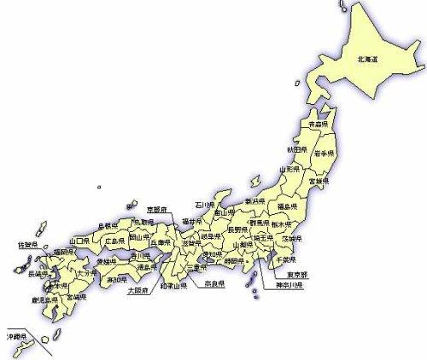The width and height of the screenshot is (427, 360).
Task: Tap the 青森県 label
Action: [319, 125]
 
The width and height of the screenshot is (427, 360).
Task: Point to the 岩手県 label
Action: [324, 153]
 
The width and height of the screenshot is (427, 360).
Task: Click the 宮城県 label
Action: [317, 182]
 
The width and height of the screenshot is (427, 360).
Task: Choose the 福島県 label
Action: [285, 207]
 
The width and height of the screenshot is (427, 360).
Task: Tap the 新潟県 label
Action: [255, 201]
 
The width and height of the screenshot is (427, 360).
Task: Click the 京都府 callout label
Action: [158, 208]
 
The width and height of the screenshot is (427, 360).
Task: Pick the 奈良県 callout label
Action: [213, 283]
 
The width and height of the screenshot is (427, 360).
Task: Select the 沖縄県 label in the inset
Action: [17, 335]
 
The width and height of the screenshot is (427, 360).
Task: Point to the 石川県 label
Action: [203, 206]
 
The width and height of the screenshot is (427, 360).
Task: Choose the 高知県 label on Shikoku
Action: [116, 278]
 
